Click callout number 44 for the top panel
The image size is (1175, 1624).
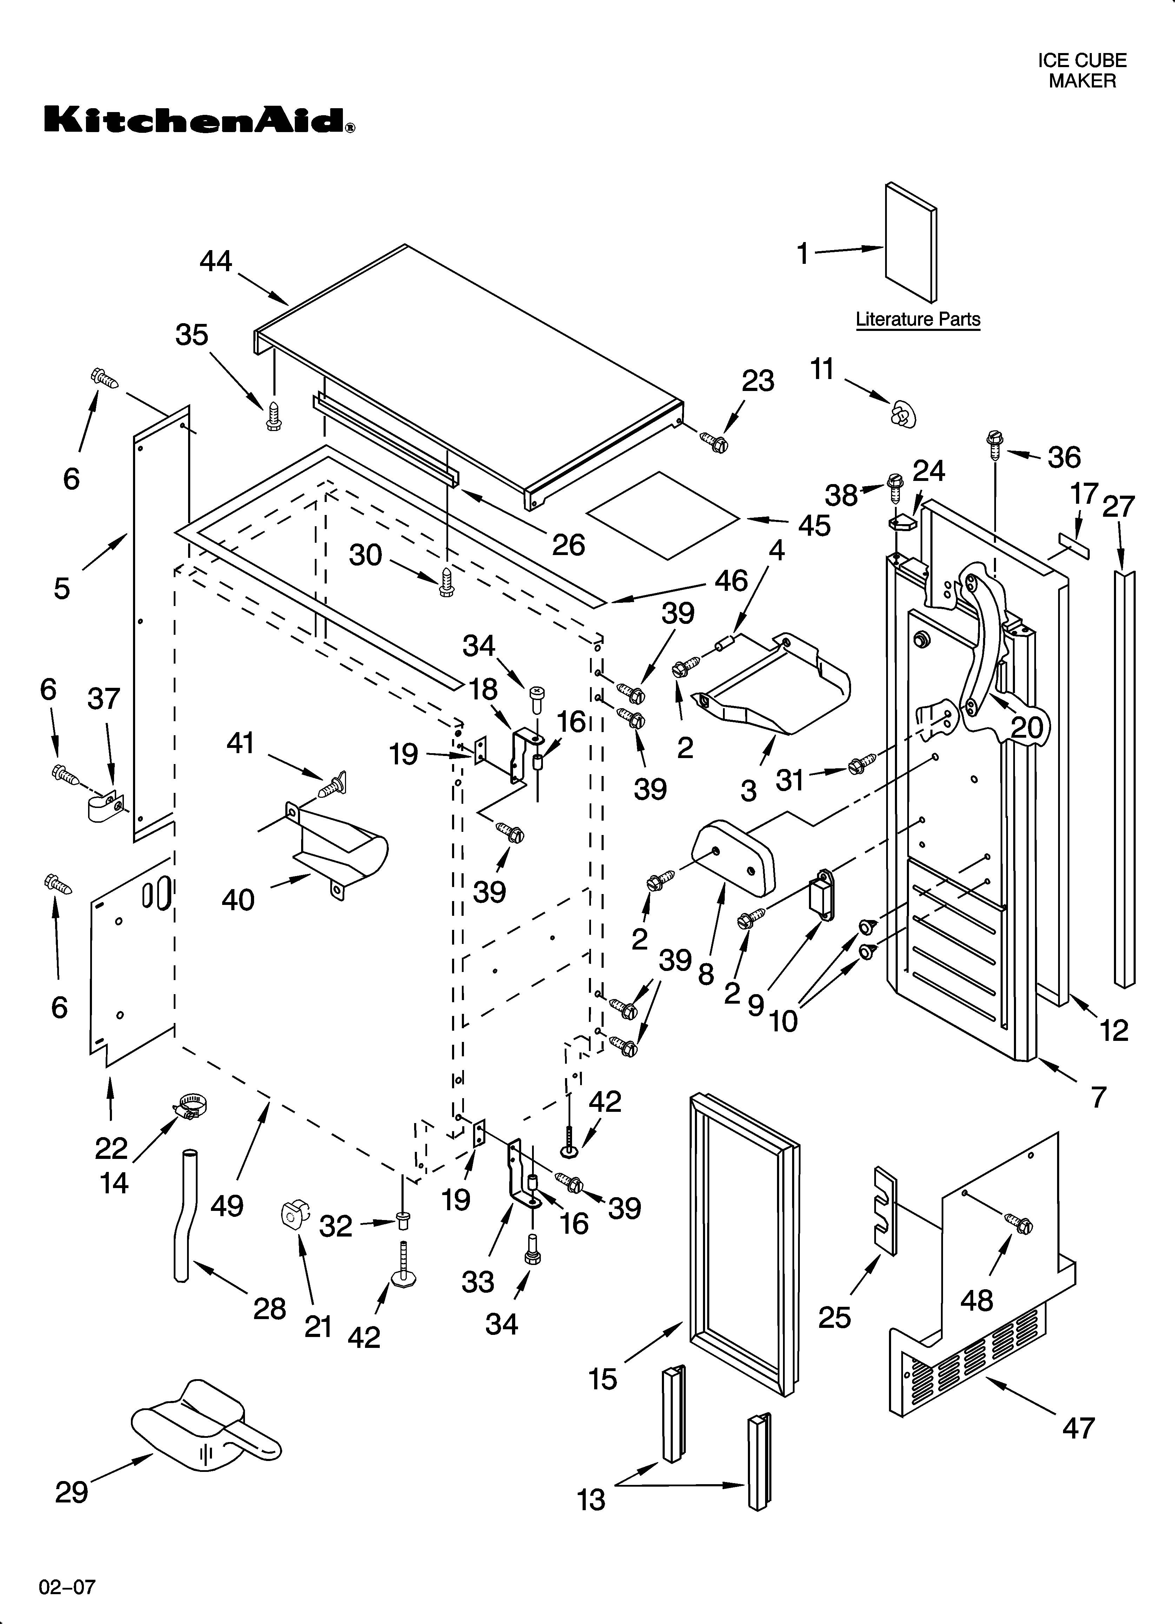pos(215,261)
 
